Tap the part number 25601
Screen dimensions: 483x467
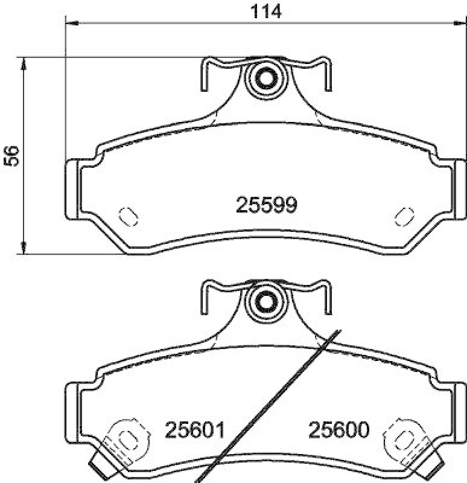[194, 430]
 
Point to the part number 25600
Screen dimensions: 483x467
[338, 430]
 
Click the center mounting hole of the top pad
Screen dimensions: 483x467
[265, 77]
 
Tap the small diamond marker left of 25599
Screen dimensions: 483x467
[129, 214]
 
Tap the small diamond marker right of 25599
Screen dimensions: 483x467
[402, 214]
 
